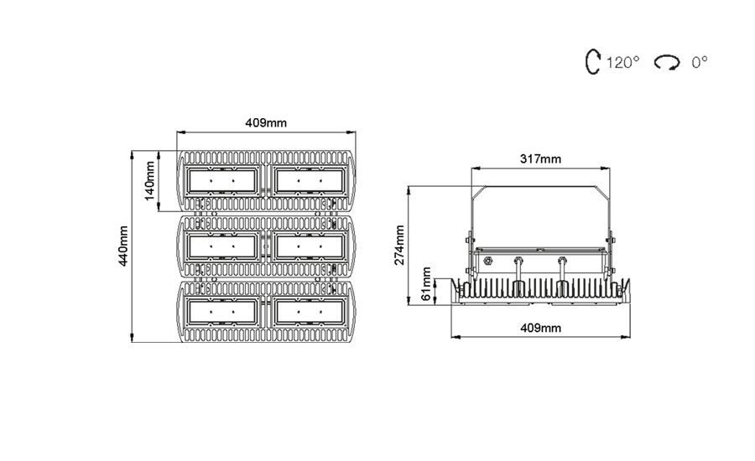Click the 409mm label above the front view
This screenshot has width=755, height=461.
266,122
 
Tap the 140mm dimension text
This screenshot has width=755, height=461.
150,181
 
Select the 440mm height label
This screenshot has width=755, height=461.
123,246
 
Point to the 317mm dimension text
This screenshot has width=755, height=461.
540,158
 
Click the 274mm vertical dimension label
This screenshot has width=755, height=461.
399,245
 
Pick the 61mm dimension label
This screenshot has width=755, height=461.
427,284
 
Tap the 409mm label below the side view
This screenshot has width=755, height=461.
541,329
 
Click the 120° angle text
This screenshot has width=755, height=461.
622,63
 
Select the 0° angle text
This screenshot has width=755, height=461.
700,63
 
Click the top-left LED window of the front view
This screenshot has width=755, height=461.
222,181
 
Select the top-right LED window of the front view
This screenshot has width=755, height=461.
310,181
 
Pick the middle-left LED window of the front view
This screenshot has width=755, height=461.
222,247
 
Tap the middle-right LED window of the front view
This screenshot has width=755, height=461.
310,247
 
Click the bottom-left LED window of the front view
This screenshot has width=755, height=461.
222,313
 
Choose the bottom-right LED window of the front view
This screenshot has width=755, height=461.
310,313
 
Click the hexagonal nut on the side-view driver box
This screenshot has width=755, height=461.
487,262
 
